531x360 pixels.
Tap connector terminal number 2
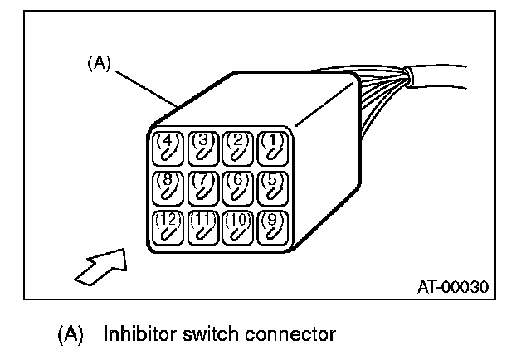pos(237,147)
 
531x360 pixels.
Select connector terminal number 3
pos(203,147)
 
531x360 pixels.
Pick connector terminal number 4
pos(168,147)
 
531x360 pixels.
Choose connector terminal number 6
pos(237,187)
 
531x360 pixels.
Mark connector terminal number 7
pos(203,187)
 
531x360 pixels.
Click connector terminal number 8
pos(168,187)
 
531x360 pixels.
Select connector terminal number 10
pos(237,227)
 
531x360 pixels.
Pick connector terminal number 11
pos(203,227)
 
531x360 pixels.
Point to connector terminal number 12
pos(168,227)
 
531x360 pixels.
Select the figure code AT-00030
pos(451,287)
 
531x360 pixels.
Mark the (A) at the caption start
pos(70,335)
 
